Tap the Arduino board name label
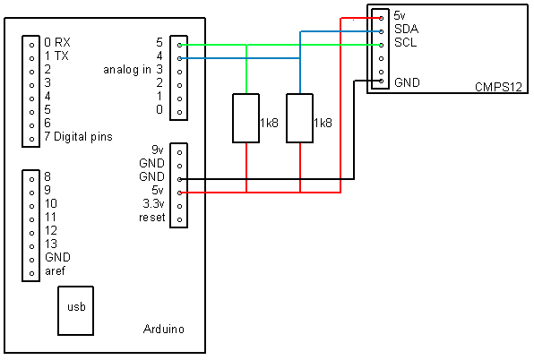click(164, 329)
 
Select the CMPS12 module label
click(498, 87)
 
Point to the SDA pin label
click(406, 29)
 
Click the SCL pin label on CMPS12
click(406, 42)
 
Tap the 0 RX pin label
click(57, 42)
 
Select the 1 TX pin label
click(56, 56)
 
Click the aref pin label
click(55, 271)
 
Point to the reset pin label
click(152, 218)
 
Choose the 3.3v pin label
click(153, 204)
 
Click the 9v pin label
click(158, 150)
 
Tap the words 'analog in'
click(127, 70)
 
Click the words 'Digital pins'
click(83, 137)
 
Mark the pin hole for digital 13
click(31, 246)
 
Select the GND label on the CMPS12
click(407, 82)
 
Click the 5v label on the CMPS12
click(400, 15)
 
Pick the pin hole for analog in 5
click(179, 45)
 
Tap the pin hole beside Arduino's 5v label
click(179, 193)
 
